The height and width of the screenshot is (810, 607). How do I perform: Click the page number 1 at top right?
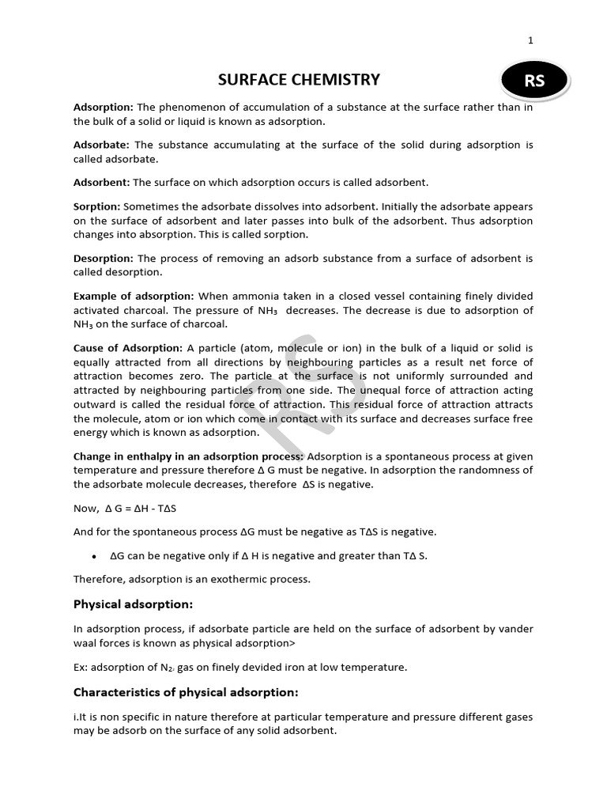click(x=530, y=41)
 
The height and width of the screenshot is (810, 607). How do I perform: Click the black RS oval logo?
click(x=534, y=81)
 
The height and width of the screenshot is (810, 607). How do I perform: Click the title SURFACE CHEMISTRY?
click(x=299, y=80)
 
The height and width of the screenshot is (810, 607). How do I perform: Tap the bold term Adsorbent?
click(x=101, y=183)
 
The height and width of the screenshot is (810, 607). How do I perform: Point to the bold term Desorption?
click(x=104, y=259)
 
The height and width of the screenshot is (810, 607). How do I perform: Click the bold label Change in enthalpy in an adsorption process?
click(x=188, y=456)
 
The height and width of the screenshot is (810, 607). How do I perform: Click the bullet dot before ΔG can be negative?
click(x=94, y=556)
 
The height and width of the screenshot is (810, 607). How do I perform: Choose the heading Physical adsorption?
click(x=133, y=604)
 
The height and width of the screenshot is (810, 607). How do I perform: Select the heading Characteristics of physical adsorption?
click(x=186, y=692)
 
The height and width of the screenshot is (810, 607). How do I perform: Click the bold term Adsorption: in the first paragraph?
click(x=104, y=108)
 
